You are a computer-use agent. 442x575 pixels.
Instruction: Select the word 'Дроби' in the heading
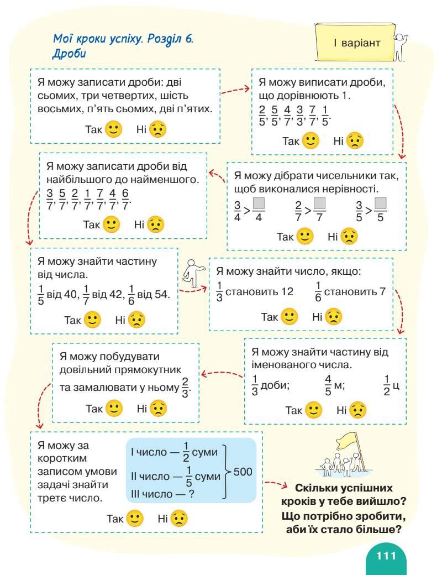pos(69,55)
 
